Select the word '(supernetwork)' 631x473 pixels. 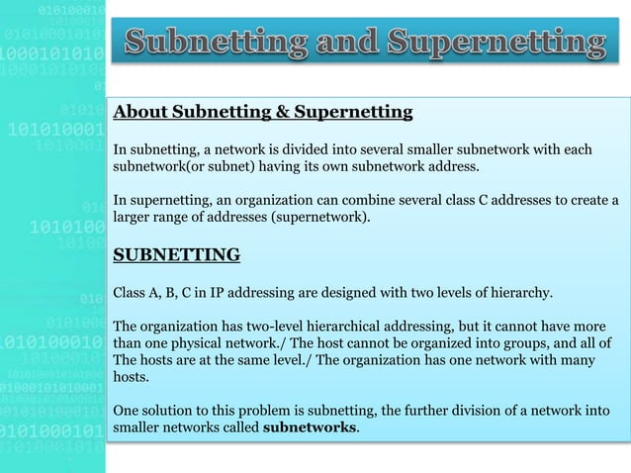(323, 218)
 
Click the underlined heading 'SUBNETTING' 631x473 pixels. (177, 256)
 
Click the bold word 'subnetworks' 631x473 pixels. (311, 428)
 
